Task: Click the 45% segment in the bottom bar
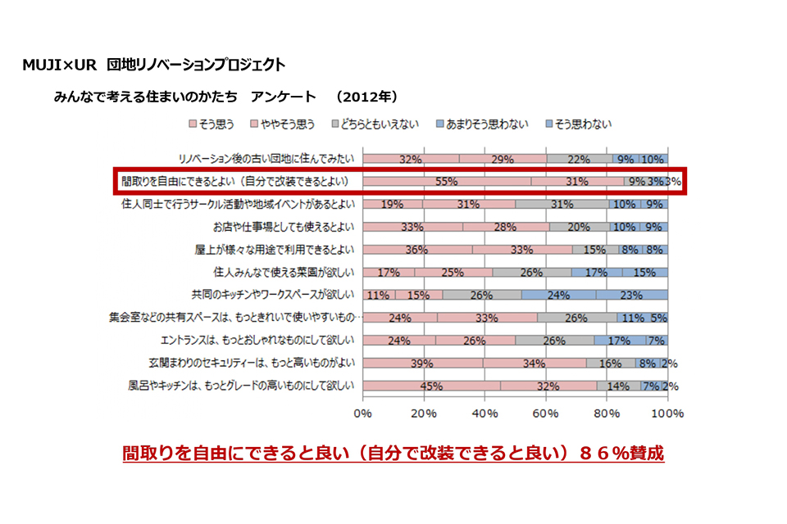[x=431, y=386]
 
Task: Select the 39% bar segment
[x=422, y=363]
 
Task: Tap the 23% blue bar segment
[x=632, y=295]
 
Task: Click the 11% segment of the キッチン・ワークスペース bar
[x=379, y=295]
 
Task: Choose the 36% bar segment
[x=417, y=250]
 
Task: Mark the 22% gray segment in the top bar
[x=579, y=159]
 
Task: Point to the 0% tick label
[x=362, y=414]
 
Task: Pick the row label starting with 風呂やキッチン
[x=241, y=386]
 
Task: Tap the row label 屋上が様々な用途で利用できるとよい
[x=279, y=250]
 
